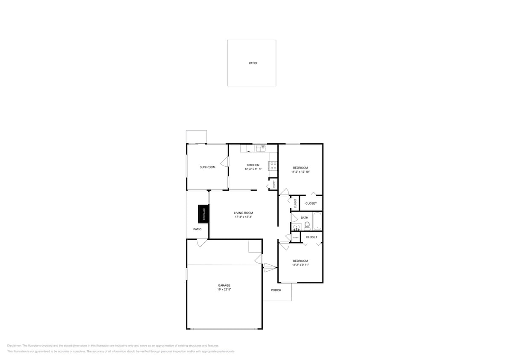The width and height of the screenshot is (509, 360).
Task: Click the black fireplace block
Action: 204,214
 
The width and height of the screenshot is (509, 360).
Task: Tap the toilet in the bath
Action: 307,225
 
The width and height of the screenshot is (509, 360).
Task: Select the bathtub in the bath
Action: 317,221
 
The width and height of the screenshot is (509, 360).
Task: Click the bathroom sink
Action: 297,227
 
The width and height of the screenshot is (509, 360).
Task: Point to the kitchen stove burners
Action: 273,166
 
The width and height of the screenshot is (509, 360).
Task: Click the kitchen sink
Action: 260,148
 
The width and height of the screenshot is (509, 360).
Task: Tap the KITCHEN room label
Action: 253,165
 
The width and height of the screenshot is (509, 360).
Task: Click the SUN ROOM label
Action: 207,167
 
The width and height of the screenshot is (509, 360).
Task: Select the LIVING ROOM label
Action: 243,213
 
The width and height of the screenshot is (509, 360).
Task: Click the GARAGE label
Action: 224,285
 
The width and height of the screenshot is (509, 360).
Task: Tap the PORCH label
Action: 276,290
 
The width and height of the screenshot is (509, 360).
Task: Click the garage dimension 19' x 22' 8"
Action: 224,290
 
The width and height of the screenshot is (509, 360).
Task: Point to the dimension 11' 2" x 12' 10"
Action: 300,172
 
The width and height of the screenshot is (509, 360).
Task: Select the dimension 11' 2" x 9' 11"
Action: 300,265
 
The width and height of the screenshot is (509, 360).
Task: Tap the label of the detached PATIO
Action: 253,63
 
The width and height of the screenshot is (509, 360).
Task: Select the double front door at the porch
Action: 269,268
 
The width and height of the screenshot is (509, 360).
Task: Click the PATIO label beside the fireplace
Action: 197,229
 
